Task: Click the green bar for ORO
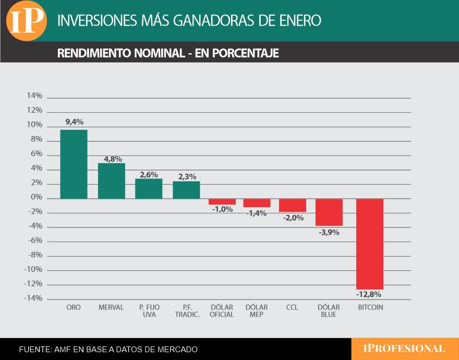(74, 164)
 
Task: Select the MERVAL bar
(112, 181)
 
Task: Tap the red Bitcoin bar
(370, 244)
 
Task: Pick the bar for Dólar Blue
(329, 212)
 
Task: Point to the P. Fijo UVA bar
(149, 188)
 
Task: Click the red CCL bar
(292, 205)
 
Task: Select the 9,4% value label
(74, 122)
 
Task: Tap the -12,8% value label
(369, 294)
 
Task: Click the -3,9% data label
(329, 232)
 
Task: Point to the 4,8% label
(112, 158)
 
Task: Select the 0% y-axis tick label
(37, 198)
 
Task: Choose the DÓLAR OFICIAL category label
(222, 311)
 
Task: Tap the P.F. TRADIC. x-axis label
(187, 311)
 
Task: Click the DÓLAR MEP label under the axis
(257, 311)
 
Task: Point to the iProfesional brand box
(404, 349)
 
